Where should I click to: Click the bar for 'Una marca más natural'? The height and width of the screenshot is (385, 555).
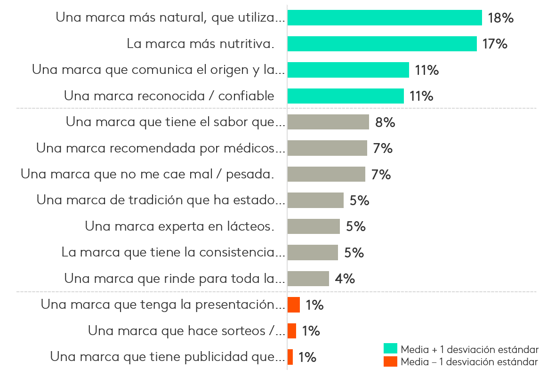coord(385,18)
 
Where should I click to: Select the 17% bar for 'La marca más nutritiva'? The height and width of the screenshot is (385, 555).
coord(382,44)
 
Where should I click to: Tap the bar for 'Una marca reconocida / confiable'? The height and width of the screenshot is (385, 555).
coord(346,96)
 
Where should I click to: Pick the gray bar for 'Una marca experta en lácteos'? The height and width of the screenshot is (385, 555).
coord(314,226)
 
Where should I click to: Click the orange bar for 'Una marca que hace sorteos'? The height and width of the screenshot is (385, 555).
coord(292,331)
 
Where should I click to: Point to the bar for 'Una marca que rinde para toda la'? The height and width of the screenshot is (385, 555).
coord(308,279)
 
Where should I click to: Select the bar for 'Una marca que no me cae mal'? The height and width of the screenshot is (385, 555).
coord(326,174)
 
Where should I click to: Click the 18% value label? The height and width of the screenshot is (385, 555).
coord(500,18)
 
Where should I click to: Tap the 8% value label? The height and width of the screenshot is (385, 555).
coord(385,122)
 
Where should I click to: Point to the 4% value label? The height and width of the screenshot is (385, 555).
coord(345,279)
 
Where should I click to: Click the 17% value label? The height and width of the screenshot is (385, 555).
coord(495,44)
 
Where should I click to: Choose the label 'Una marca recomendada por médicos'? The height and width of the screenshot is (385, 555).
coord(161,148)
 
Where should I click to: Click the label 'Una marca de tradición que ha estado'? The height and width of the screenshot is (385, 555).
coord(161,200)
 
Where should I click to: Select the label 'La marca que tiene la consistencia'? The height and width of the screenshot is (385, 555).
coord(173,252)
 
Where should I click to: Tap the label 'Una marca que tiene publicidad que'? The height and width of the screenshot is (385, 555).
coord(167,357)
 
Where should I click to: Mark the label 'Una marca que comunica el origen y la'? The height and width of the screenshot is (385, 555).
coord(158,70)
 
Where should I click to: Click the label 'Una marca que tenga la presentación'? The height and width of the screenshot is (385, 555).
coord(163,305)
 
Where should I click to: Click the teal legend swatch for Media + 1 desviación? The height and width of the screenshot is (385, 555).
coord(390,349)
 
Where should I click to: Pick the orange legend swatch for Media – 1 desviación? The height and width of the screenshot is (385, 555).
coord(390,362)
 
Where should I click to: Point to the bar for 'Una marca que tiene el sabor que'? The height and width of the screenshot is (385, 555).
coord(328,122)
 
